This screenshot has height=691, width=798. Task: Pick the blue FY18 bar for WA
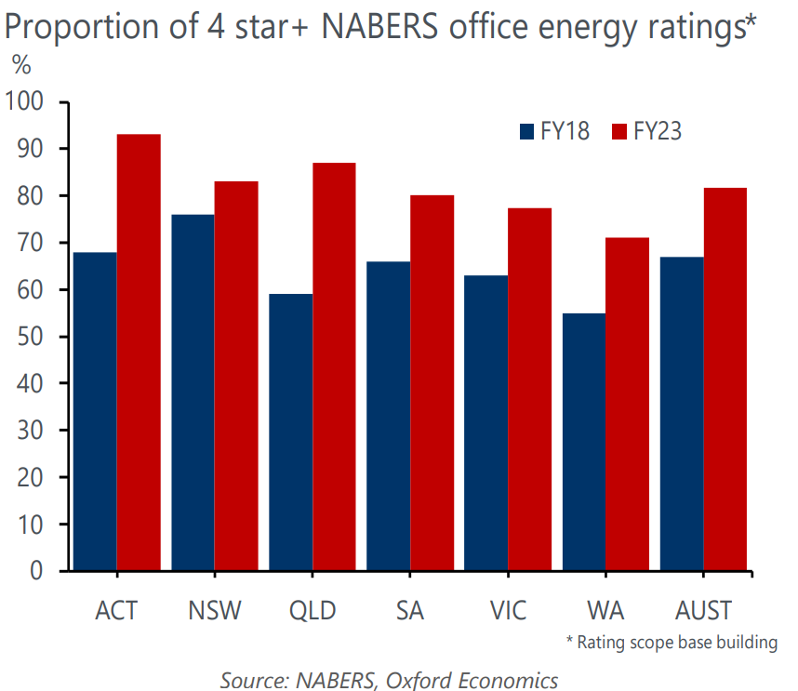tap(583, 441)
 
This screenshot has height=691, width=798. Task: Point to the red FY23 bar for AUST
tap(725, 379)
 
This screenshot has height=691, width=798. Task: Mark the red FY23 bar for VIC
tap(529, 389)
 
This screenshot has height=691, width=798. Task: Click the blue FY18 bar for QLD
tap(290, 432)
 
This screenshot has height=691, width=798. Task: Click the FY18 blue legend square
tap(527, 131)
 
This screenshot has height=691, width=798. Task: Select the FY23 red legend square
tap(619, 131)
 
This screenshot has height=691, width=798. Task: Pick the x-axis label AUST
tap(704, 611)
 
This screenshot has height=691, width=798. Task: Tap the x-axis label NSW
tap(214, 611)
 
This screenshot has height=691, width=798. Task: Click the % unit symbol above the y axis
tap(20, 67)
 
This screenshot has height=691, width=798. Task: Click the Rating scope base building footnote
tap(672, 643)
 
